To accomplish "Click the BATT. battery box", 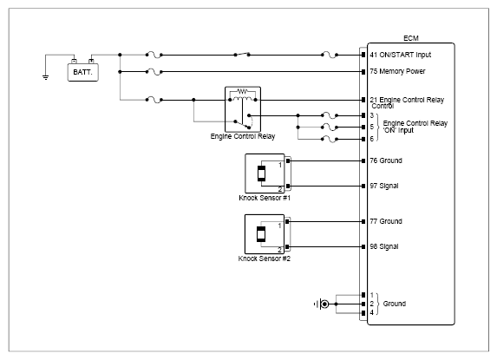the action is [x=82, y=72].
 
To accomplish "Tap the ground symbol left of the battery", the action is [x=46, y=77].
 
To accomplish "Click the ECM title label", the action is [x=411, y=38].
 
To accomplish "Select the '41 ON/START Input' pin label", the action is [x=401, y=55].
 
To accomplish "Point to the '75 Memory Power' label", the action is [x=397, y=71].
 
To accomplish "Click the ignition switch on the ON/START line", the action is [x=242, y=54].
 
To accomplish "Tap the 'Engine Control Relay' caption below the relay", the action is [x=243, y=136].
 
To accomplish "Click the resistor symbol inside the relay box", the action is [x=242, y=92].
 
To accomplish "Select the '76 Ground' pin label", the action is [x=386, y=160].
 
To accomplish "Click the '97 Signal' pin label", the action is [x=384, y=186].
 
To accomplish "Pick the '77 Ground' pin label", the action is [x=386, y=221].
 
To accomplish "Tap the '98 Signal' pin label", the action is [x=384, y=246].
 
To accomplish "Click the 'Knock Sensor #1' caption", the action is [x=265, y=198].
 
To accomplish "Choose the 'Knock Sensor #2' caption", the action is [x=265, y=259].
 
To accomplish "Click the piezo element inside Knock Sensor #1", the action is [x=261, y=173].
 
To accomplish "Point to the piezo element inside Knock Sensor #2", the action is [x=261, y=234].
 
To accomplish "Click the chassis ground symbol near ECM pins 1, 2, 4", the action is [x=322, y=304].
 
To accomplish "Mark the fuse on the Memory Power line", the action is [x=154, y=72].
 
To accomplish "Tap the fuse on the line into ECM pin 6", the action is [x=330, y=139].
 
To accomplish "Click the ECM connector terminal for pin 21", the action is [x=363, y=100].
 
